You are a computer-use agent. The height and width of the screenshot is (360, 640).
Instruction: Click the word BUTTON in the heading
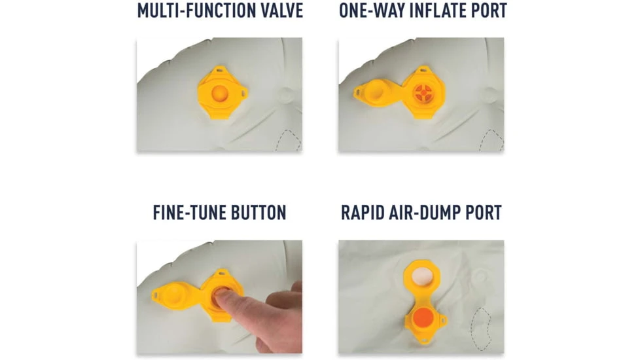[x=258, y=213]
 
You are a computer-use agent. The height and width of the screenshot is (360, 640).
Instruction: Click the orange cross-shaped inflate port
[x=423, y=93]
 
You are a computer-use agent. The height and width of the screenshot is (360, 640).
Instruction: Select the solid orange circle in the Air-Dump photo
[x=423, y=318]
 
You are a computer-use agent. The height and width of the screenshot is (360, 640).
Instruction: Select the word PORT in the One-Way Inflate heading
[x=489, y=10]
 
